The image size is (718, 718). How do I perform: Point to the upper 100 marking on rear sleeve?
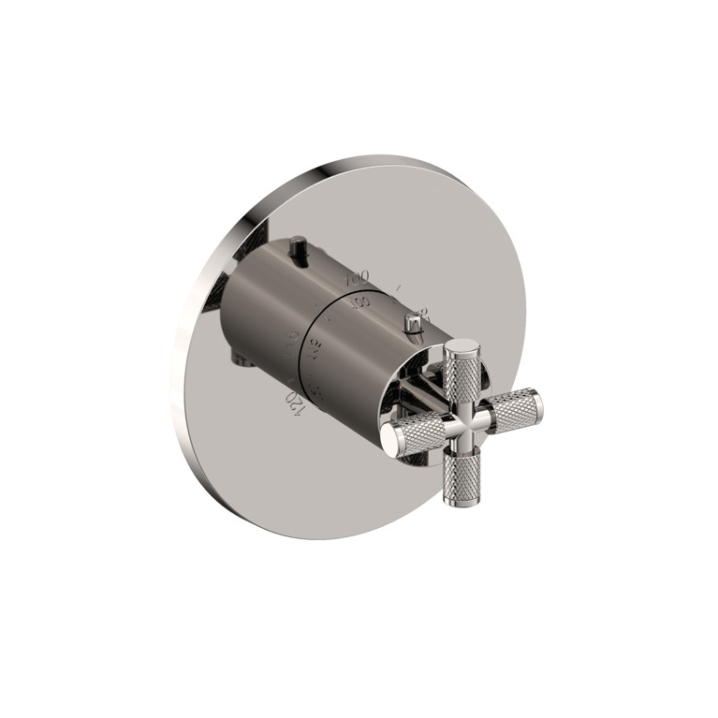[x=357, y=278]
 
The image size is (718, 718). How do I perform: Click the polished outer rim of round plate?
[x=187, y=356]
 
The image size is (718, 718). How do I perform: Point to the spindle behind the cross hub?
[x=435, y=393]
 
